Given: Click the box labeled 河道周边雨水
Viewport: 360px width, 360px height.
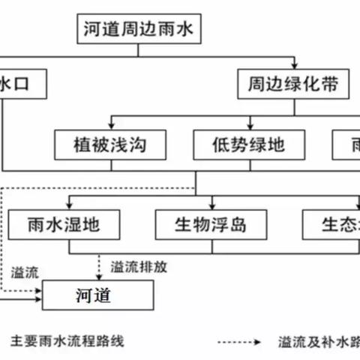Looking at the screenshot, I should tap(142, 31).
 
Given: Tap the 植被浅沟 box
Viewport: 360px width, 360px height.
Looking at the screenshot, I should tap(109, 144).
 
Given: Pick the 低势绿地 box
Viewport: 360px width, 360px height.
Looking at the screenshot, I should tap(250, 144).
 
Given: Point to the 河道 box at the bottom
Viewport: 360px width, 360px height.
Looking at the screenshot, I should tap(97, 295).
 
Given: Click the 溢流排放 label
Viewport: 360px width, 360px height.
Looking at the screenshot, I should tap(139, 265).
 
